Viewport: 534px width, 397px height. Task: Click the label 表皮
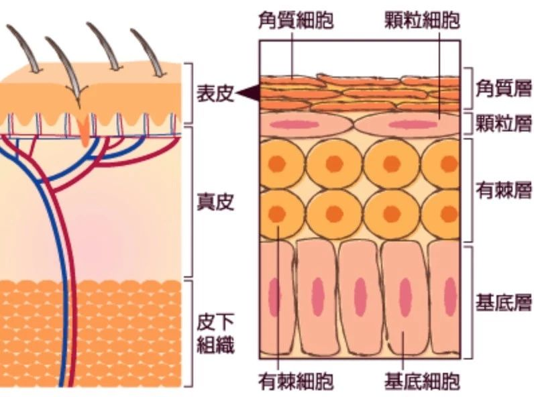point(215,94)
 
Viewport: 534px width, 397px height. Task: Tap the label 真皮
point(215,202)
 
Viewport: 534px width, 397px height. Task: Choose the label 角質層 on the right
point(503,87)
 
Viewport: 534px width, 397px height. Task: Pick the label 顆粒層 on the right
point(503,123)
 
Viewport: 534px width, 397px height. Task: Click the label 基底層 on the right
point(503,303)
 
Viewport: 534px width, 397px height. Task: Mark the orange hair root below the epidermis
point(83,131)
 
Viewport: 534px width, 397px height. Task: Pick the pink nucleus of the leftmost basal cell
point(274,294)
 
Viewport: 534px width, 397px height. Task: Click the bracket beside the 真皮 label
point(191,202)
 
